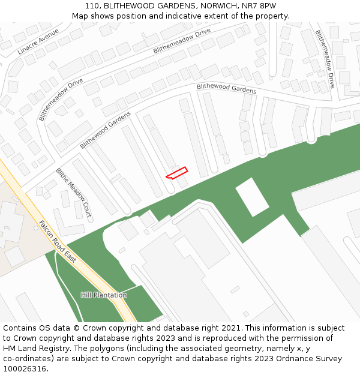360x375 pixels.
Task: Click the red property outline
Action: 176,173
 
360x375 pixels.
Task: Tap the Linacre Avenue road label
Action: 38,41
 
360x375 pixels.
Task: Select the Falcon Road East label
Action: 57,241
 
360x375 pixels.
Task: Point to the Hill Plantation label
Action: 104,295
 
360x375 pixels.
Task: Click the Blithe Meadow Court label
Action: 73,192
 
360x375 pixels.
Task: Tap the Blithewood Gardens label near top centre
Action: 226,89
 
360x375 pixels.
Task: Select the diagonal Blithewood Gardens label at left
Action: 105,130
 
